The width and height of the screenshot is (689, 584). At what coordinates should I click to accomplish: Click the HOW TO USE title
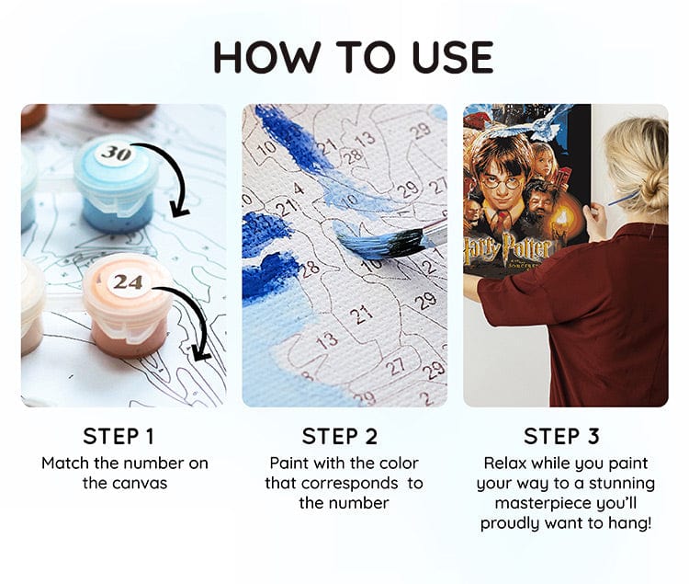pyautogui.click(x=354, y=57)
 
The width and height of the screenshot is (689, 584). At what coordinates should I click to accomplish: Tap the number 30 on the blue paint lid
pyautogui.click(x=116, y=153)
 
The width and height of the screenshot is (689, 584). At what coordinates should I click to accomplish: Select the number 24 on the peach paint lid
pyautogui.click(x=128, y=281)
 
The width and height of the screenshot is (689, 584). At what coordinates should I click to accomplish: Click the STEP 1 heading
pyautogui.click(x=119, y=436)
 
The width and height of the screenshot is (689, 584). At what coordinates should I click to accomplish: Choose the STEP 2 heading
pyautogui.click(x=340, y=436)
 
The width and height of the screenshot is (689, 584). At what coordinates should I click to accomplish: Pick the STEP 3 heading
pyautogui.click(x=561, y=436)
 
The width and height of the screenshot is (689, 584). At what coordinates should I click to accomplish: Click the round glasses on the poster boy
pyautogui.click(x=501, y=182)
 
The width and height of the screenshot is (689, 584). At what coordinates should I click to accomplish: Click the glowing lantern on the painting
pyautogui.click(x=560, y=219)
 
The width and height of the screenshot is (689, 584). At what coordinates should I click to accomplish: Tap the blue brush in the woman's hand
pyautogui.click(x=623, y=198)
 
